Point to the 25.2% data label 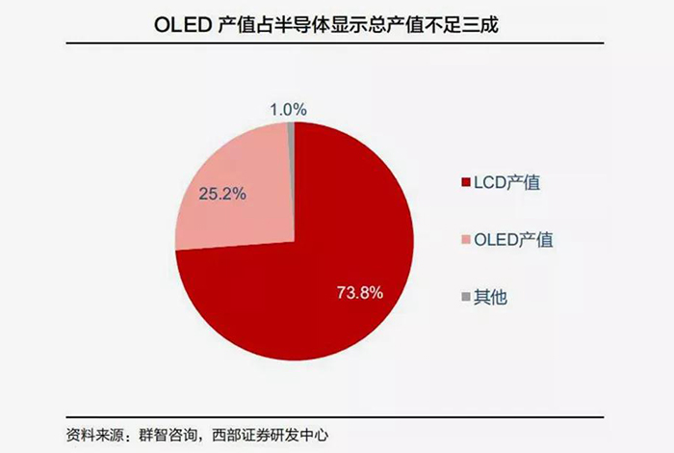221,193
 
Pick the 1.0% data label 288,110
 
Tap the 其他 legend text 492,296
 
